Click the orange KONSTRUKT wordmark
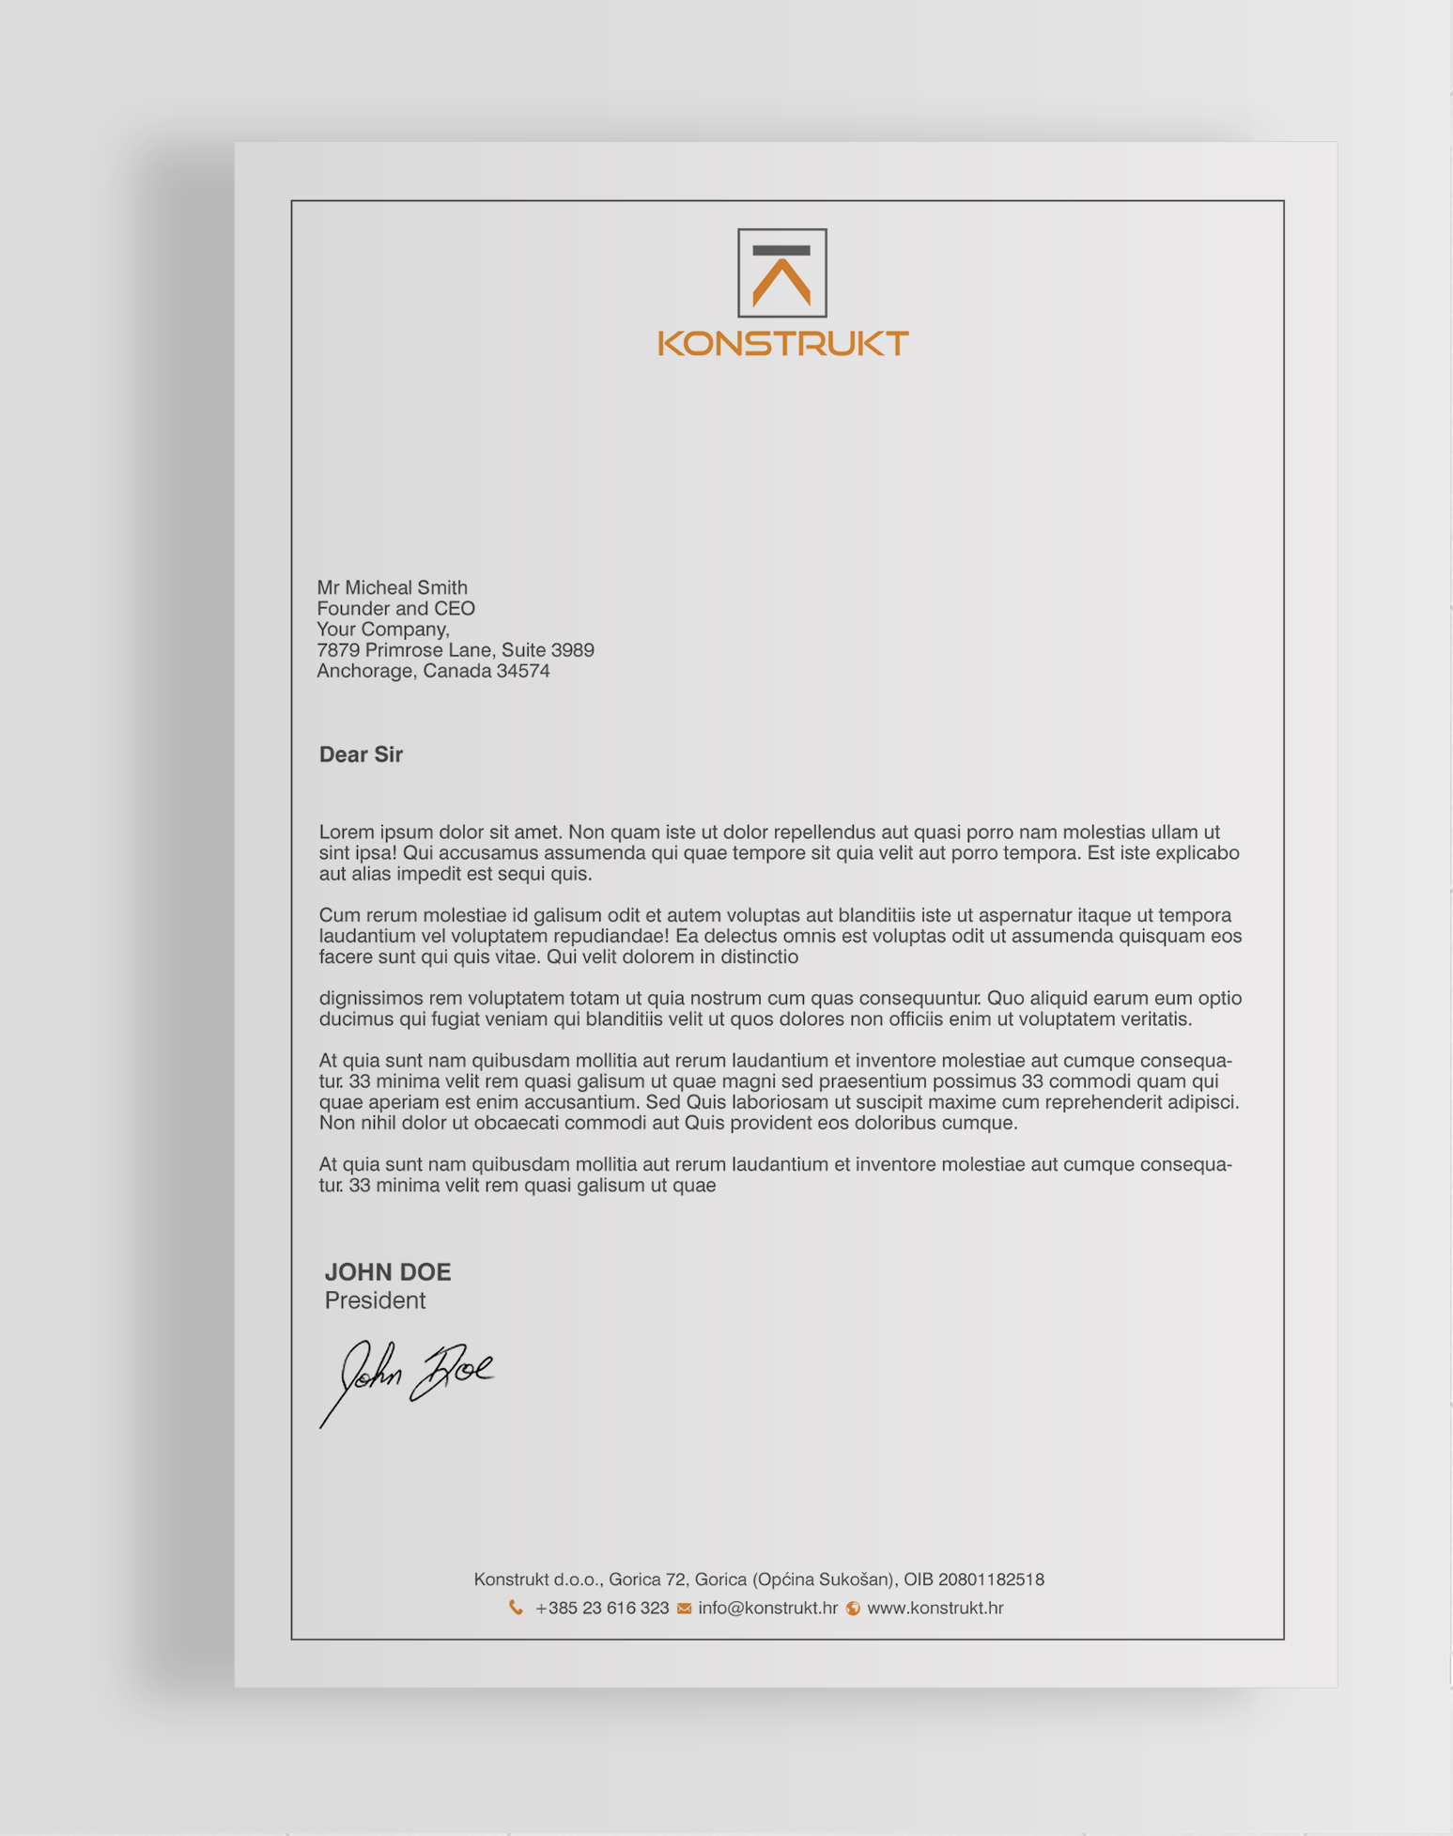(x=782, y=343)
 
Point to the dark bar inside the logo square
(x=781, y=251)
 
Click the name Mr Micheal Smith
(x=392, y=587)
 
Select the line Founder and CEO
(x=395, y=609)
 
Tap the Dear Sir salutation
(x=361, y=755)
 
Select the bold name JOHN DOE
(x=387, y=1272)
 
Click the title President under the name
(x=375, y=1300)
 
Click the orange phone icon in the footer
(x=516, y=1608)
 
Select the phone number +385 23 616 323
(x=601, y=1608)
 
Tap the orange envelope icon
(x=684, y=1608)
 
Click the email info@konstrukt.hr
(x=767, y=1608)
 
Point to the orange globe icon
(x=853, y=1608)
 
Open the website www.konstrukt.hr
(x=935, y=1608)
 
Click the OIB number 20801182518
(x=991, y=1579)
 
